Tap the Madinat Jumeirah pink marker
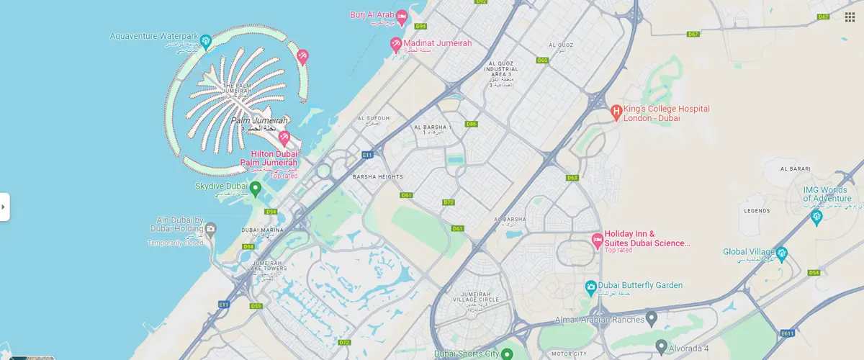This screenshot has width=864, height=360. [395, 45]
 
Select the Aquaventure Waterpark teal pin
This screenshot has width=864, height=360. [205, 41]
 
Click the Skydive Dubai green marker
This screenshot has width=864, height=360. [255, 187]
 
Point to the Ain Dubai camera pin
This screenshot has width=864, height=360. [210, 230]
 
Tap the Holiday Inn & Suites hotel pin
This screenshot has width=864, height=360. [596, 240]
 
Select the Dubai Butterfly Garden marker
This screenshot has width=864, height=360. [590, 287]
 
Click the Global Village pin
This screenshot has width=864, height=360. [782, 253]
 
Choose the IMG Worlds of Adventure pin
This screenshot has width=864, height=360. [816, 217]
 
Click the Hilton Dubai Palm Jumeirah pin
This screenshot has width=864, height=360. [284, 138]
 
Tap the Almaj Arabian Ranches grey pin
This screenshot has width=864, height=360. [651, 318]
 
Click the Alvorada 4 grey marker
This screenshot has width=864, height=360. [661, 347]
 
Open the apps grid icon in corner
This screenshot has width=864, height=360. [850, 17]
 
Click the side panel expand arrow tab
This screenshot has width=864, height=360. [4, 207]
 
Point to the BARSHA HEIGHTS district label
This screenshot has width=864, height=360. [377, 176]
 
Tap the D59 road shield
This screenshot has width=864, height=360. [256, 306]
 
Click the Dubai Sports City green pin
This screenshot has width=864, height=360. [507, 354]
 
